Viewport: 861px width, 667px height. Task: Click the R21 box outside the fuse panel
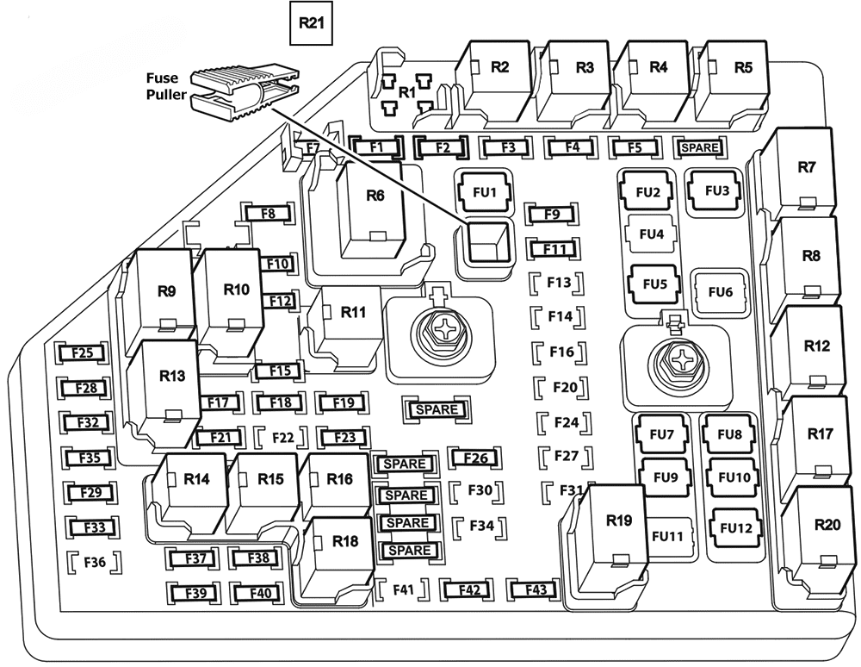(x=310, y=24)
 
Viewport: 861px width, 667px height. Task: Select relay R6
(x=375, y=207)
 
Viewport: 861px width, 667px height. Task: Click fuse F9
(x=552, y=214)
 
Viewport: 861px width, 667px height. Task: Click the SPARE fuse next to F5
(x=699, y=147)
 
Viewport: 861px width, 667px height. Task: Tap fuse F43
(x=534, y=590)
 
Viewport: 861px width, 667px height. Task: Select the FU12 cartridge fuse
(x=737, y=527)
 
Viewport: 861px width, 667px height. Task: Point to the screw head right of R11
(x=439, y=328)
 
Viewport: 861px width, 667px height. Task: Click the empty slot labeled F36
(x=94, y=563)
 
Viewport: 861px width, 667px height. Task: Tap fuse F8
(x=269, y=213)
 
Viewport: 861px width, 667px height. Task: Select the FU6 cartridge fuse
(x=720, y=292)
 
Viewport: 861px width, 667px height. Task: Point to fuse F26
(x=474, y=458)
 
